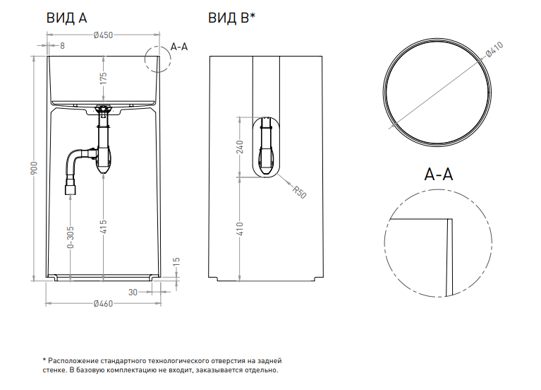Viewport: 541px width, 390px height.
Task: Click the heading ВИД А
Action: tap(66, 18)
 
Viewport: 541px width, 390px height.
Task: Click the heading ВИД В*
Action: tap(231, 18)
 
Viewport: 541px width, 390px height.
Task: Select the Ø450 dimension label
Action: tap(104, 36)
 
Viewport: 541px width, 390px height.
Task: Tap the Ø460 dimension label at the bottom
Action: tap(104, 304)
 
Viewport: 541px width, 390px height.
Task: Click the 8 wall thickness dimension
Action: tap(62, 46)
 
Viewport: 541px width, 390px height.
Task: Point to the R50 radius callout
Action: tap(298, 190)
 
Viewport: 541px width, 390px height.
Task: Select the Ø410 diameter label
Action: tap(493, 50)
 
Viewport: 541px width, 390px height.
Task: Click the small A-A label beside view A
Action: tap(179, 47)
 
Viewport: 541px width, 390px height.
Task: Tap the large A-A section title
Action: tap(438, 175)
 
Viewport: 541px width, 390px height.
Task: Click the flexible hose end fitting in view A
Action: tap(71, 189)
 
